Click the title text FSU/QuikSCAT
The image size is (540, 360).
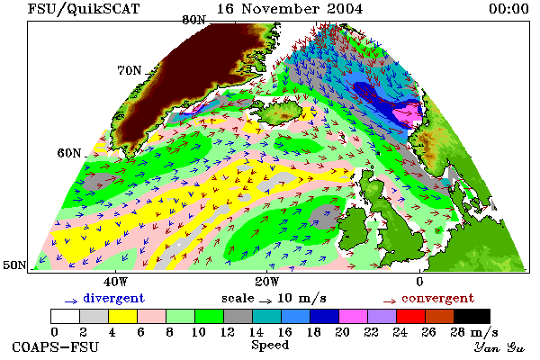click(x=84, y=9)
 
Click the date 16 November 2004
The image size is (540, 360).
click(x=290, y=9)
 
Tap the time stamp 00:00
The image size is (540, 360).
click(x=508, y=9)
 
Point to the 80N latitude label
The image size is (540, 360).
click(x=193, y=20)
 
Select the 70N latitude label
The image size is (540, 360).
click(x=130, y=70)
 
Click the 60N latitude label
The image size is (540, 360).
click(x=69, y=153)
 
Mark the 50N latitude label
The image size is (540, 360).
click(x=14, y=265)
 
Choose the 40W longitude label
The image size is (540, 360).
click(x=116, y=282)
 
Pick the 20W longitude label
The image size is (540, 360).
click(x=267, y=282)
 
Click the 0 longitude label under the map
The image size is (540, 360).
click(x=419, y=282)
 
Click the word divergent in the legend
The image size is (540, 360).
click(x=113, y=298)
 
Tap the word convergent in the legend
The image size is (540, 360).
click(x=437, y=298)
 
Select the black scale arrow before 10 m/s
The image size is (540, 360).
click(x=265, y=301)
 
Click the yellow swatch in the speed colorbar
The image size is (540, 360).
click(x=123, y=316)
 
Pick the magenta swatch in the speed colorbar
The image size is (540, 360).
click(x=353, y=316)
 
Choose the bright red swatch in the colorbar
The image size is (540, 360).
click(x=410, y=316)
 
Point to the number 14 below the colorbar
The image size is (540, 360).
click(x=256, y=332)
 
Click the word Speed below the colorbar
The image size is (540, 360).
click(x=270, y=345)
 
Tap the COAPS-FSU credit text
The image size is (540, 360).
click(x=55, y=346)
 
